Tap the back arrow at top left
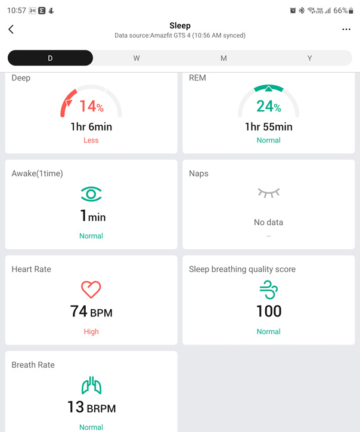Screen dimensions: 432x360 [11, 29]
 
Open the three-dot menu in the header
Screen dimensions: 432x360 [346, 29]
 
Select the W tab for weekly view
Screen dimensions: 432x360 [136, 58]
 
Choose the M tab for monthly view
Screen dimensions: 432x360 [224, 58]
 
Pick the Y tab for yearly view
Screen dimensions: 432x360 [310, 58]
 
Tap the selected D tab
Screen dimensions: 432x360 [50, 58]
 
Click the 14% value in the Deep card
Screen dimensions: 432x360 [91, 107]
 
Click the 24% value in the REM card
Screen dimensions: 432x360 [269, 107]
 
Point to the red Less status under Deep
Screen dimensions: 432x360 [91, 141]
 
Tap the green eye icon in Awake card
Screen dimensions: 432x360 [91, 194]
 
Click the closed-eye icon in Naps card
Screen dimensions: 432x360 [269, 193]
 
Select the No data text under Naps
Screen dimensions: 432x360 [269, 222]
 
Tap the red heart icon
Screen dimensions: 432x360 [91, 290]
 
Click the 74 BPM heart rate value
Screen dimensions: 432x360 [91, 312]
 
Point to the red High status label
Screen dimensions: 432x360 [91, 332]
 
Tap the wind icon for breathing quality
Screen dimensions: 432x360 [269, 290]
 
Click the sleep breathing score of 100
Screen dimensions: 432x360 [269, 311]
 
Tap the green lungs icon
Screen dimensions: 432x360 [91, 386]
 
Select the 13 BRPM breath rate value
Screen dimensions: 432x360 [91, 408]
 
